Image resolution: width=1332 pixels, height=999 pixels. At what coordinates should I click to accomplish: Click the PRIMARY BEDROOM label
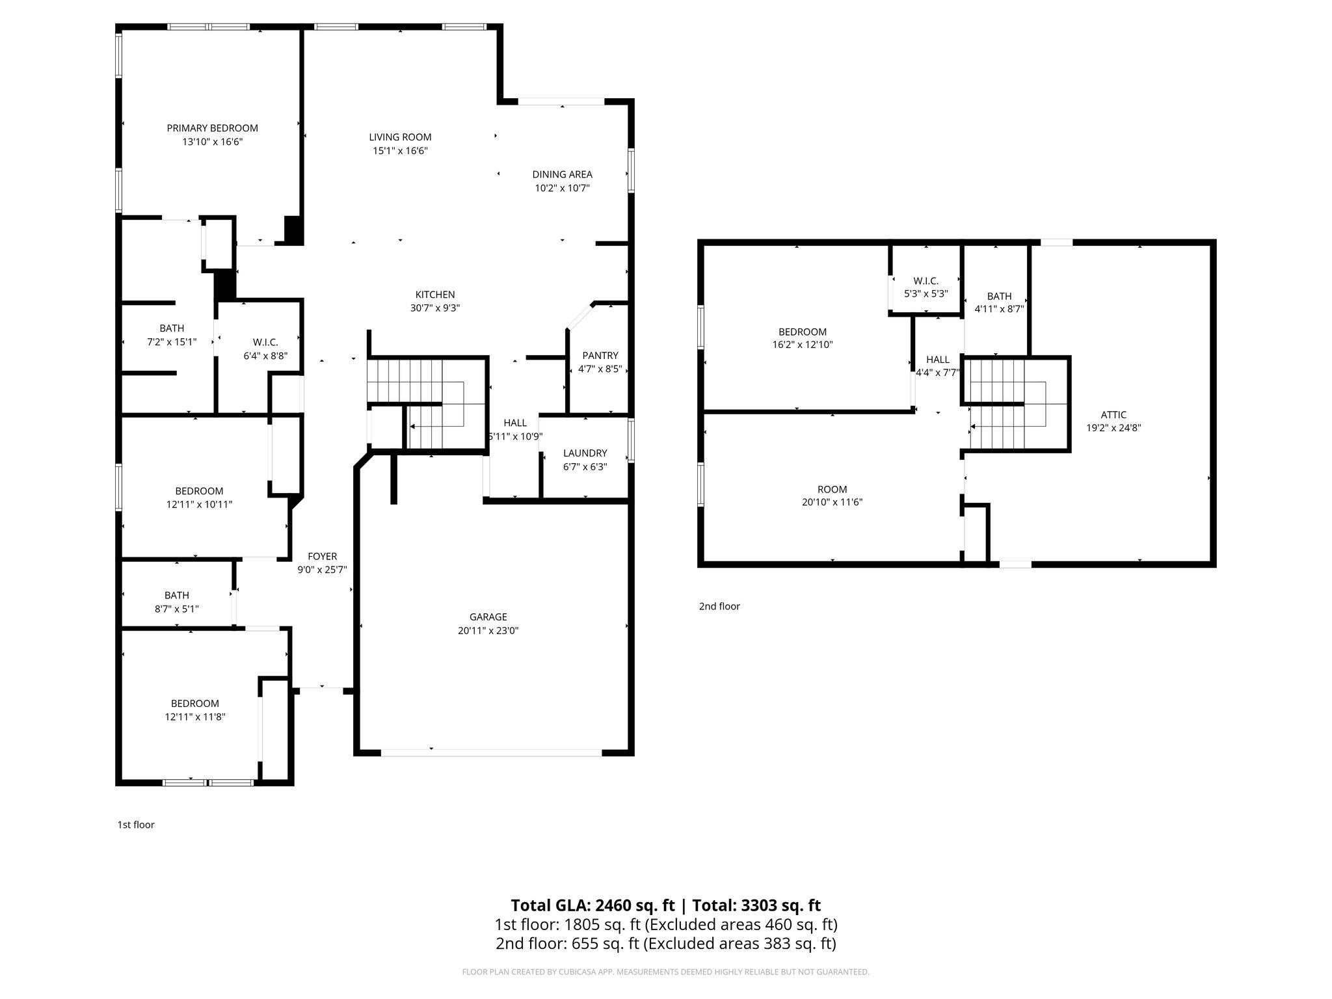212,128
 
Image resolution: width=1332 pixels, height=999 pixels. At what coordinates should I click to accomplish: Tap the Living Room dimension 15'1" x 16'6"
400,151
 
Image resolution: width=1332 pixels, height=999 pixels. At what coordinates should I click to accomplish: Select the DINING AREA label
562,174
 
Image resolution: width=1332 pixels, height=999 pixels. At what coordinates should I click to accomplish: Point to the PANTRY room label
600,355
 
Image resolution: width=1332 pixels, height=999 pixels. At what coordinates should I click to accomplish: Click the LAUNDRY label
585,453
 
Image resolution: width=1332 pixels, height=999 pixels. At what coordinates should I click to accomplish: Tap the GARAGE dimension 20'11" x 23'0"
488,630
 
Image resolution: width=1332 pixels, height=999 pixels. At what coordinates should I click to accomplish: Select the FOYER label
322,556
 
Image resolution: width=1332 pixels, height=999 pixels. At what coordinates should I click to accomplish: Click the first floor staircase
426,403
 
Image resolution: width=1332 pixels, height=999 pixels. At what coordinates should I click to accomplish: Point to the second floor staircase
1015,403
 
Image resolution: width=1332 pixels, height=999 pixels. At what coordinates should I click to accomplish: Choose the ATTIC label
1113,414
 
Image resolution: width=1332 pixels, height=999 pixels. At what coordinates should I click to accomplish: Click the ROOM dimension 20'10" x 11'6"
832,502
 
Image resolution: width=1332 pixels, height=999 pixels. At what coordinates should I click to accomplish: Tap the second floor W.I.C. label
926,281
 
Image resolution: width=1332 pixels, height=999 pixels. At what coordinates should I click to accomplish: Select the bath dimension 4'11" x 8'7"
999,310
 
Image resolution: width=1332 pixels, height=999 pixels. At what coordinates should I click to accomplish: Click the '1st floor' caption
136,825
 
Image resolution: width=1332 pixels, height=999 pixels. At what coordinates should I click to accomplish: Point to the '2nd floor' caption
719,606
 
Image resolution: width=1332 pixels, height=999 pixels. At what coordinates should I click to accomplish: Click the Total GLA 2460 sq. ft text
593,905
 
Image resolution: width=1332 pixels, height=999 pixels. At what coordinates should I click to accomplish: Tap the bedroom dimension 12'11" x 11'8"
195,717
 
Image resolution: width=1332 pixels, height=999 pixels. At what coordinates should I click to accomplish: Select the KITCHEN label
435,295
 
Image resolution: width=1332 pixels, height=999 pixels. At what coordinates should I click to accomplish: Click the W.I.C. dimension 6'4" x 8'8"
265,356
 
